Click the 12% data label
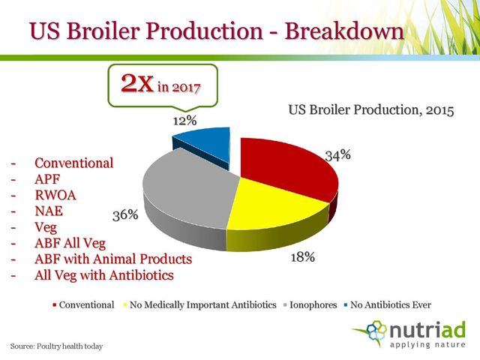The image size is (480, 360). [x=185, y=121]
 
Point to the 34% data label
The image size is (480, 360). [x=338, y=155]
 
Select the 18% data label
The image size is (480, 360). [x=302, y=257]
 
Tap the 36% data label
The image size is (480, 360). [x=125, y=215]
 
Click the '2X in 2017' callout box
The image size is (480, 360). [x=163, y=85]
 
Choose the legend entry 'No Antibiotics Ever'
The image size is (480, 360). [x=388, y=305]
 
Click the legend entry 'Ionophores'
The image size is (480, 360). [x=310, y=305]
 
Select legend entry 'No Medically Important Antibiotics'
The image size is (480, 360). [x=200, y=305]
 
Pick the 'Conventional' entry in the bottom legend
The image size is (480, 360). [x=83, y=305]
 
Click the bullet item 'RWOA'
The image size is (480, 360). [x=55, y=195]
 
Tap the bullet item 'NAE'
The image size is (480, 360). [x=49, y=211]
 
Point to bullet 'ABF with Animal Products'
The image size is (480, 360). [x=113, y=259]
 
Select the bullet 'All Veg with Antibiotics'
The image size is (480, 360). [x=104, y=275]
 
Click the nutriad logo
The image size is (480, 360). [x=409, y=334]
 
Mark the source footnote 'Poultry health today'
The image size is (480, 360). [x=70, y=346]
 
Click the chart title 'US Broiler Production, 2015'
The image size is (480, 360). [x=371, y=110]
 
